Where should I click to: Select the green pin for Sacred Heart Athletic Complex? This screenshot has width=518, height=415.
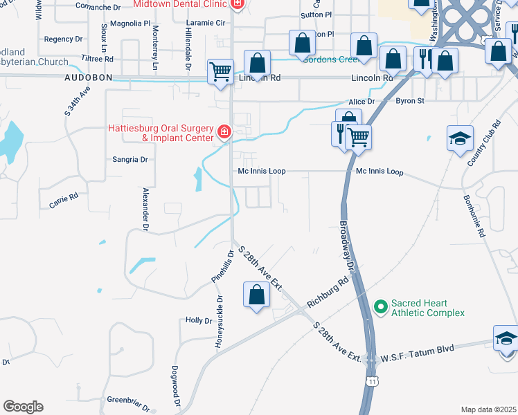point(380,305)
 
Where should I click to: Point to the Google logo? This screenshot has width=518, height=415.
point(23,407)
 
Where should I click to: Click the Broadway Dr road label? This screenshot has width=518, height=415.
point(348,246)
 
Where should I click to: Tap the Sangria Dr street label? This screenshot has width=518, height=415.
point(130,160)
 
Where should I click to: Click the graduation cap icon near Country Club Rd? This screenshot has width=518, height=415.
point(460,138)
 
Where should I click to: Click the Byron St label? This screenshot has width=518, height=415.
point(409,101)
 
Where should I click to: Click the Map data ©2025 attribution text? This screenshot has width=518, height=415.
point(488,409)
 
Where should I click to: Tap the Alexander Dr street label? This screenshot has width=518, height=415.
point(146,208)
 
